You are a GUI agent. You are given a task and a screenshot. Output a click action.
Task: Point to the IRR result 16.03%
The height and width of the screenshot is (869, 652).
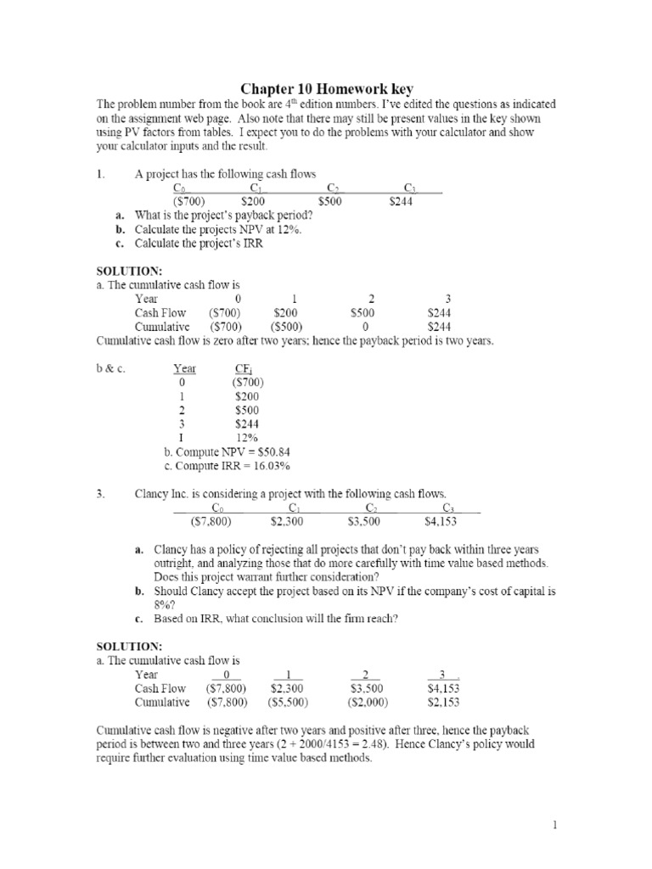[271, 465]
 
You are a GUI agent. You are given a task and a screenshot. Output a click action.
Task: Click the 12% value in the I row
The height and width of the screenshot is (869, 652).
[246, 437]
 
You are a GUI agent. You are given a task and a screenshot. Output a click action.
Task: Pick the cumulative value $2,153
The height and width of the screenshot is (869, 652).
[443, 703]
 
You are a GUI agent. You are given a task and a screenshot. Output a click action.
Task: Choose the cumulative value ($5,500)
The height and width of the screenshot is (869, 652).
[288, 703]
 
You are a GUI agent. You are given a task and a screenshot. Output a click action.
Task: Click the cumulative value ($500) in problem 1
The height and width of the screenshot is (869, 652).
[288, 327]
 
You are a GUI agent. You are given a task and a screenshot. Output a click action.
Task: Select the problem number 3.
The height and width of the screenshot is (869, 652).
[98, 493]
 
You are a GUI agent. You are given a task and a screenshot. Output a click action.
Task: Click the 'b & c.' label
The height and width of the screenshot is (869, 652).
[110, 368]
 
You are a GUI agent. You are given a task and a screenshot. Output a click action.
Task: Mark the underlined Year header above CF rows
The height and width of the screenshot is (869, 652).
[184, 368]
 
